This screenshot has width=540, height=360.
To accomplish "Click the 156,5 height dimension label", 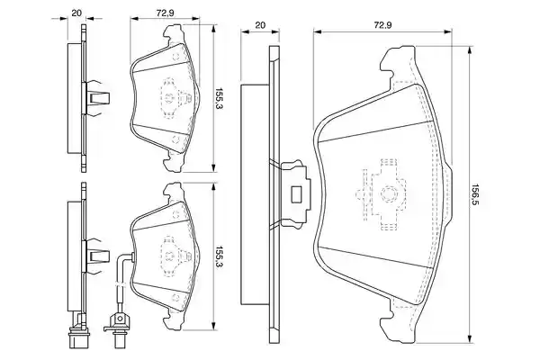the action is click(x=475, y=194).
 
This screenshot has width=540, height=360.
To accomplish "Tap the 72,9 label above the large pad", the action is click(x=382, y=25).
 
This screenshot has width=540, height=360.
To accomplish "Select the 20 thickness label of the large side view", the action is click(x=260, y=25).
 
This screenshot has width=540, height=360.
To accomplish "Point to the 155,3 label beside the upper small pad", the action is click(x=219, y=98).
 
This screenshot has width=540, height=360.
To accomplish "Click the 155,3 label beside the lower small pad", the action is click(x=219, y=256).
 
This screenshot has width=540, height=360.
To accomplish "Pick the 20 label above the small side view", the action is click(x=76, y=13).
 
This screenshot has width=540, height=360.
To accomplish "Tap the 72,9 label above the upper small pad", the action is click(x=165, y=13).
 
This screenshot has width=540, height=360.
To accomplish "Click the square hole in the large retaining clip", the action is click(x=296, y=194).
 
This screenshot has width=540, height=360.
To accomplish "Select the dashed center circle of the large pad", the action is click(x=388, y=194).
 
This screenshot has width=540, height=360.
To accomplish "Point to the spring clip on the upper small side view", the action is click(x=98, y=98).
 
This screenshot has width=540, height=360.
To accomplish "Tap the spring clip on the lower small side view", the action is click(x=98, y=256).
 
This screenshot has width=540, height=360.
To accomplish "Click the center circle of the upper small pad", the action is click(x=170, y=98).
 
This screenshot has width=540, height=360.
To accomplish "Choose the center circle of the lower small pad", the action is click(x=170, y=256).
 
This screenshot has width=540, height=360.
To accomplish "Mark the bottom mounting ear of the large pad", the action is click(x=399, y=324).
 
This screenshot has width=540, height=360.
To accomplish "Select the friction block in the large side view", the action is click(x=255, y=194).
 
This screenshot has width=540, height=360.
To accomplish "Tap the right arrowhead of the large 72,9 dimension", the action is click(x=448, y=32).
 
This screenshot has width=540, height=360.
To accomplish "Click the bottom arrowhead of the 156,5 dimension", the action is click(x=469, y=340).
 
